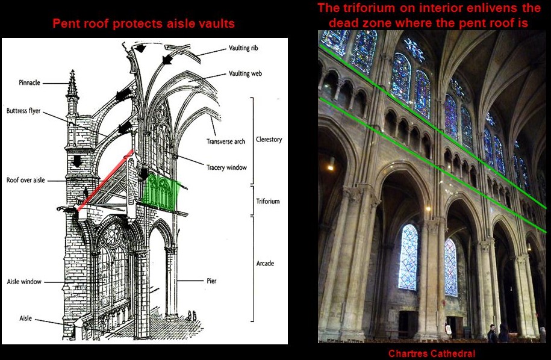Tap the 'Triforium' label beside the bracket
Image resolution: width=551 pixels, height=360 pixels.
pos(267,202)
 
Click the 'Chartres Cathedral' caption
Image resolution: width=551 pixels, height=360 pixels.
pos(432,354)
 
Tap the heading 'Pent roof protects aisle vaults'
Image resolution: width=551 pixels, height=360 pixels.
pos(143,25)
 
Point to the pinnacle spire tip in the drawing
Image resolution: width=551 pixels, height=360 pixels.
pos(72,74)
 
